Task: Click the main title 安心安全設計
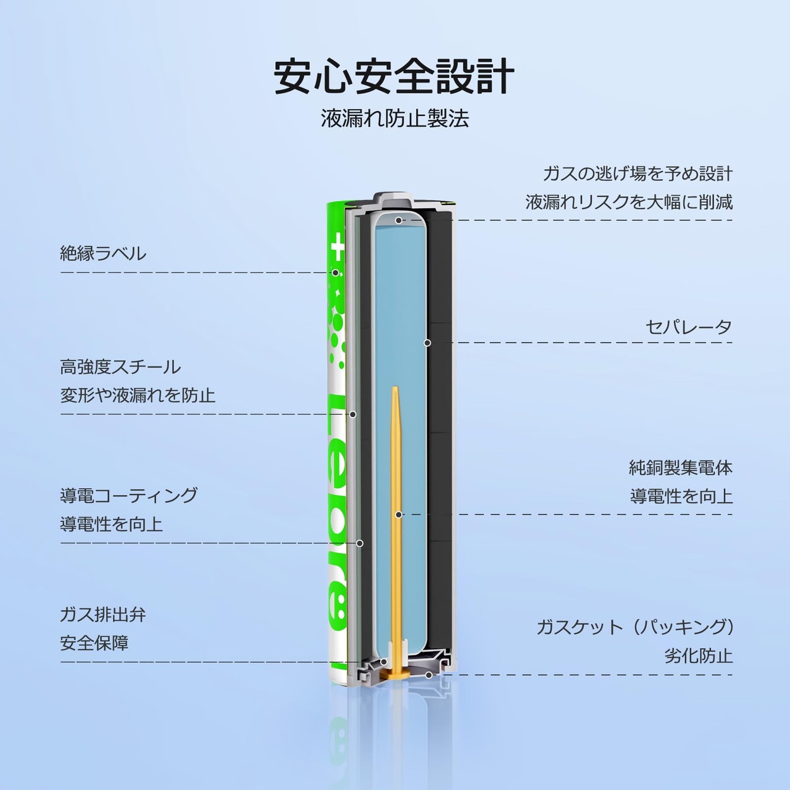point(394,77)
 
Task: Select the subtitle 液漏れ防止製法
point(394,118)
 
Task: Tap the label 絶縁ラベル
point(103,254)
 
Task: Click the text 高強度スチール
point(120,367)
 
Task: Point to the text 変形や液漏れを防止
point(138,395)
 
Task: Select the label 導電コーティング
point(129,496)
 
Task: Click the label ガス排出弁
point(103,615)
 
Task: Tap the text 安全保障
point(94,643)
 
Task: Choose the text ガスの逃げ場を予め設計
point(638,173)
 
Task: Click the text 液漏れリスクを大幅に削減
point(629,202)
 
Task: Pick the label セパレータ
point(689,327)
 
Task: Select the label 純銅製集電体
point(681,468)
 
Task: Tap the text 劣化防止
point(698,655)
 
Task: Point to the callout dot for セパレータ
point(427,343)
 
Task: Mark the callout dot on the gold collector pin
point(399,514)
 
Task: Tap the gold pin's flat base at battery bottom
point(395,674)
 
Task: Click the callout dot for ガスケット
point(428,675)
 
